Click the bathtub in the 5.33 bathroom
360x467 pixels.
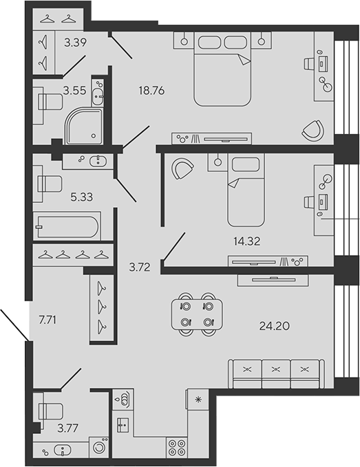67,226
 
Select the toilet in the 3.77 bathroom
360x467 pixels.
50,411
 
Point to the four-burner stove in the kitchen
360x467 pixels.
177,448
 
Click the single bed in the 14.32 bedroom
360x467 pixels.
246,189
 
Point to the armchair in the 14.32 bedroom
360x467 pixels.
182,169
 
